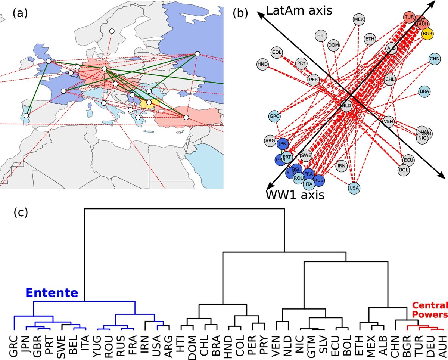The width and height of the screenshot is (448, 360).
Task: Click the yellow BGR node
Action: pos(427,34)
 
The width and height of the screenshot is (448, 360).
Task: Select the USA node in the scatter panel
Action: pos(354,188)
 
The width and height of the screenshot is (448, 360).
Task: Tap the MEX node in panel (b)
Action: pos(359,19)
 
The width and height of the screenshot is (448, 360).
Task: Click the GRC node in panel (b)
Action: pos(274,117)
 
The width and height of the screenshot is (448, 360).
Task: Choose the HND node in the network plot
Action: pos(263,64)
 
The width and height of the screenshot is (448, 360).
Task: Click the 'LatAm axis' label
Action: pos(299,11)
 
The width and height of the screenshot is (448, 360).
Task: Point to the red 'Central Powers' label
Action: pos(429,310)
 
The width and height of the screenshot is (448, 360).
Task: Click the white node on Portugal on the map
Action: pos(26,116)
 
